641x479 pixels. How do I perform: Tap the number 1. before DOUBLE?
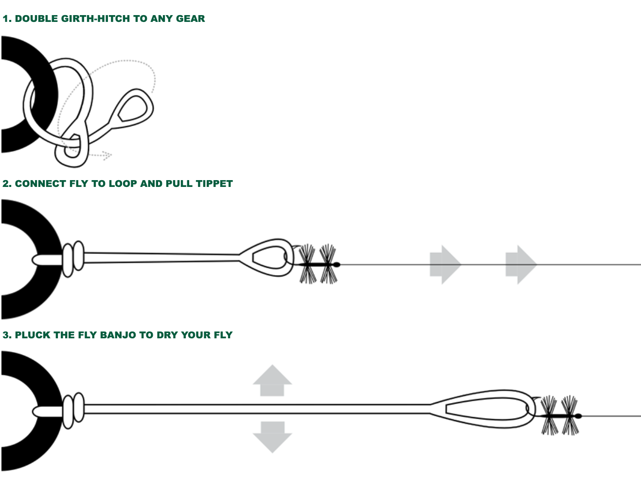click(7, 19)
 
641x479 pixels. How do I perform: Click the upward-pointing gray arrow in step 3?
click(272, 381)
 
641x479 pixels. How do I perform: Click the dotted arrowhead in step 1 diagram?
click(107, 156)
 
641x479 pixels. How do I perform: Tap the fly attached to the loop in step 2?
click(319, 264)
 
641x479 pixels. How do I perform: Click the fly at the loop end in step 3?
click(560, 416)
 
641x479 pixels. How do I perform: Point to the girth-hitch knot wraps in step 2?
click(73, 259)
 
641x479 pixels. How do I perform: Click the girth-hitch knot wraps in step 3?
click(73, 410)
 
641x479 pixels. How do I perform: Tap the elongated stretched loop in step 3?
click(486, 409)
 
